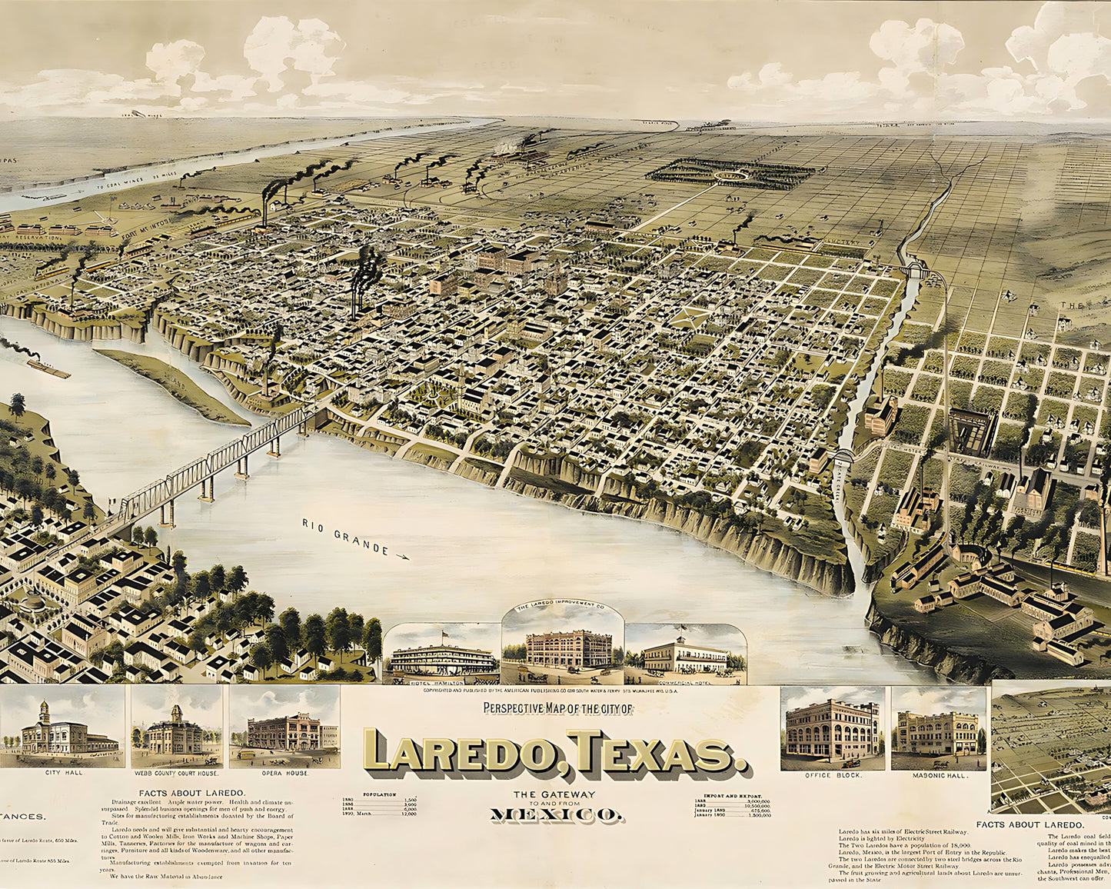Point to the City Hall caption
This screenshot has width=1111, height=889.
tap(64, 773)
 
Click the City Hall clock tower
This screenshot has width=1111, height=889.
tap(45, 711)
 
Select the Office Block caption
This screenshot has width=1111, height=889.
tap(833, 775)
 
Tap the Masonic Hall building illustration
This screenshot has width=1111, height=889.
tap(936, 733)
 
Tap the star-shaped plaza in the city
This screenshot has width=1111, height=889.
tap(689, 318)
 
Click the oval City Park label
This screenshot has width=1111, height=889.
tap(726, 175)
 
